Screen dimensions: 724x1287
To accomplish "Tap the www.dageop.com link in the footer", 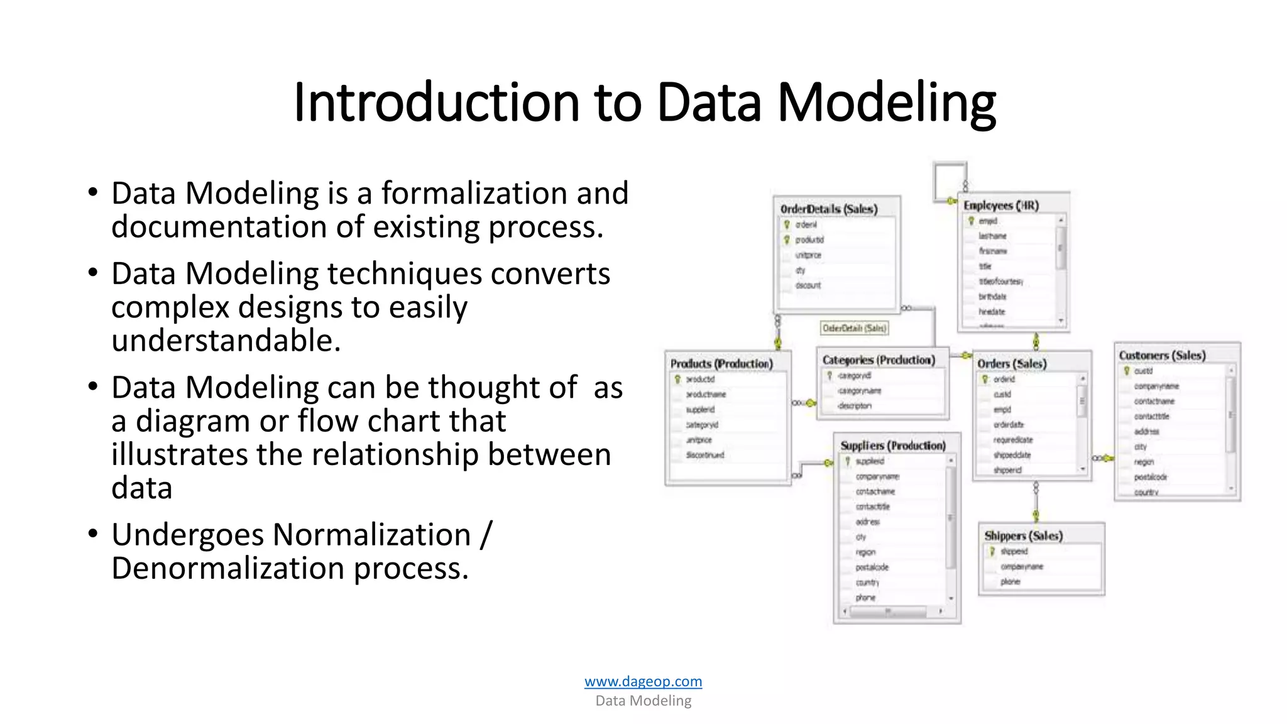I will (x=643, y=681).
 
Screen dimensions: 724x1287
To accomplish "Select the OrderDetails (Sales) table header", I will (x=828, y=209).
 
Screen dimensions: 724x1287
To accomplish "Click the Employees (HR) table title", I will (x=1001, y=206).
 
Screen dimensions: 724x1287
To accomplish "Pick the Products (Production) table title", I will (x=721, y=364).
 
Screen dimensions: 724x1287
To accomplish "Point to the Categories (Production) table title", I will (x=879, y=360).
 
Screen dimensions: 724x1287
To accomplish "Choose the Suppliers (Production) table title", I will (x=893, y=446).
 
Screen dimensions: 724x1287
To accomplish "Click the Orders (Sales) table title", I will (x=1012, y=364).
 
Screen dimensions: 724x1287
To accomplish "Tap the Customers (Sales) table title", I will (x=1162, y=356).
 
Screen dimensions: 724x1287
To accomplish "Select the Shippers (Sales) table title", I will (x=1023, y=536).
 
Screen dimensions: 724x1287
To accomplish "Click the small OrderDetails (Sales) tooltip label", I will (x=854, y=328).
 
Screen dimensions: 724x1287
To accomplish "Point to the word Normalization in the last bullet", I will (x=372, y=535).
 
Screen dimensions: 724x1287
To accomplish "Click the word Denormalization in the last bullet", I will (x=227, y=568).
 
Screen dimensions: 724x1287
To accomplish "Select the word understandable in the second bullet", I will (x=226, y=341).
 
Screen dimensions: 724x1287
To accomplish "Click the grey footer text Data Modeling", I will (x=643, y=701).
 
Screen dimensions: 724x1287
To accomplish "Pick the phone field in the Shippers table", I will (x=1010, y=582).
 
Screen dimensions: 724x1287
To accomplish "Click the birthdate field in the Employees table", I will (x=992, y=297).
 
